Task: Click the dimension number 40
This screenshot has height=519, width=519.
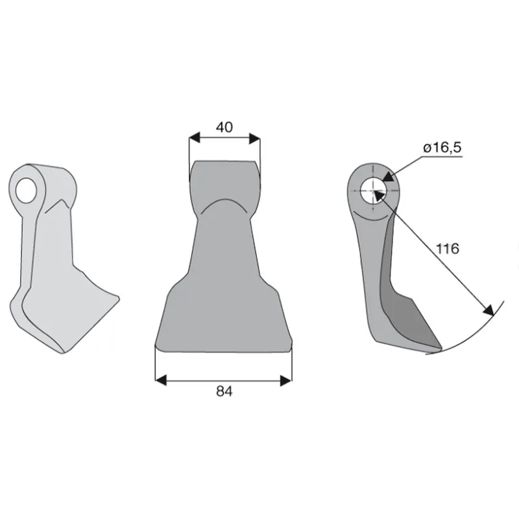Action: (224, 127)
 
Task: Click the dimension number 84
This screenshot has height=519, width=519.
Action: (224, 391)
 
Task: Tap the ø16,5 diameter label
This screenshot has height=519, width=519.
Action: (442, 148)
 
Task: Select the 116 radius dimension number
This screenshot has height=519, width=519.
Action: (448, 248)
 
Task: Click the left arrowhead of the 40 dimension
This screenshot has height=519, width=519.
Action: (195, 138)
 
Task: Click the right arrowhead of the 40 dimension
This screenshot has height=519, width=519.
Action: (254, 138)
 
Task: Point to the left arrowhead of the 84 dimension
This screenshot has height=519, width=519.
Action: (160, 381)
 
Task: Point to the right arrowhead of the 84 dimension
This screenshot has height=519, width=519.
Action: (286, 381)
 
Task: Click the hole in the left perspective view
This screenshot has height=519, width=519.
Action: (25, 190)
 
